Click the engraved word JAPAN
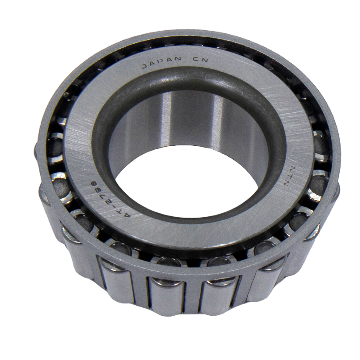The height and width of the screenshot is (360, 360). click(161, 62)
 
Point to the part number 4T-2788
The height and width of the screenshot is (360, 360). click(110, 199)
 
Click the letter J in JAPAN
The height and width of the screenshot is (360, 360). click(144, 67)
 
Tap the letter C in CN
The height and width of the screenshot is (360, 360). click(195, 59)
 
